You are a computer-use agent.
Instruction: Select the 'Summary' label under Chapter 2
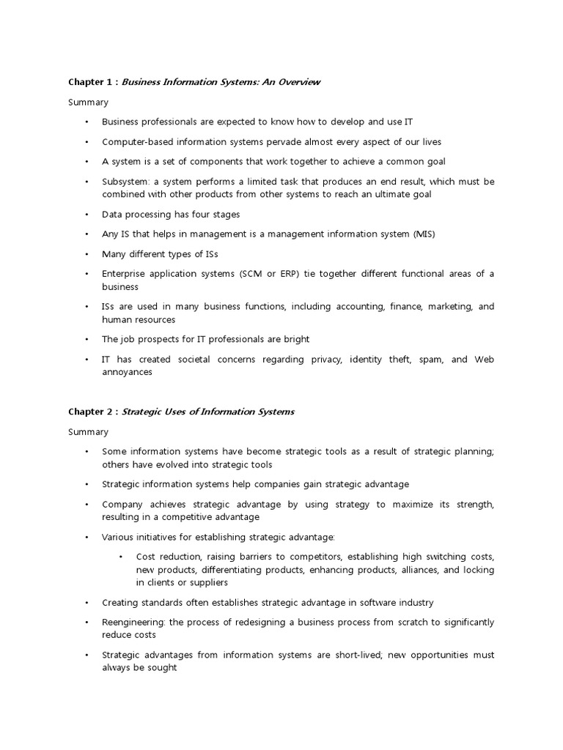(88, 432)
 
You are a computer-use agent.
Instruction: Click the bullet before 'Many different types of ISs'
(86, 254)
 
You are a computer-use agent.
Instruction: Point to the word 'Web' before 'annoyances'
(484, 360)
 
